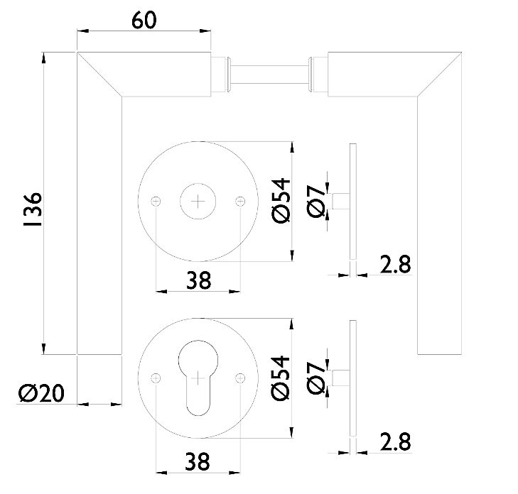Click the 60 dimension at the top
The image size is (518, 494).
pyautogui.click(x=144, y=20)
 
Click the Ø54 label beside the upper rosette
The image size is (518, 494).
pyautogui.click(x=280, y=202)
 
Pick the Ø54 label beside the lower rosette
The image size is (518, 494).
pyautogui.click(x=280, y=378)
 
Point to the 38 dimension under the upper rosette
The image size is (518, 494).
pyautogui.click(x=198, y=282)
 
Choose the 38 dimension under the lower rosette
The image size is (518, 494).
pyautogui.click(x=198, y=462)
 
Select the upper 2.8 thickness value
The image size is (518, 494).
pyautogui.click(x=395, y=265)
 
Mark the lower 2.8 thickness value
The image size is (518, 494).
pyautogui.click(x=395, y=442)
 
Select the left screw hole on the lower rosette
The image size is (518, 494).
pyautogui.click(x=156, y=378)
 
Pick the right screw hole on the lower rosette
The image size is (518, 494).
pyautogui.click(x=240, y=378)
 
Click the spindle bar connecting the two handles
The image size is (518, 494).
pyautogui.click(x=270, y=72)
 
